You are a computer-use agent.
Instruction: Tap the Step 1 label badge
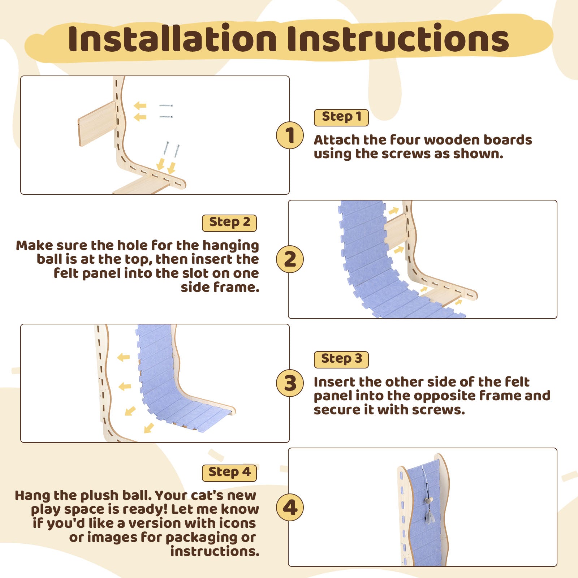pos(341,117)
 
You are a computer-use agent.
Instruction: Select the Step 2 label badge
pos(229,223)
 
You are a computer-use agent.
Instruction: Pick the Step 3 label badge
pos(341,359)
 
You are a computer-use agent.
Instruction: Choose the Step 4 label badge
pos(229,473)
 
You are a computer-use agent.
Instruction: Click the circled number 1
pos(290,135)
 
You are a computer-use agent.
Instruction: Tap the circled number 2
pos(290,259)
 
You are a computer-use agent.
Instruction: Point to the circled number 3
pos(290,383)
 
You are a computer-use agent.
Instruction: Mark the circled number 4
pos(290,507)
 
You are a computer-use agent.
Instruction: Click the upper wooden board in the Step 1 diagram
pos(97,124)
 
